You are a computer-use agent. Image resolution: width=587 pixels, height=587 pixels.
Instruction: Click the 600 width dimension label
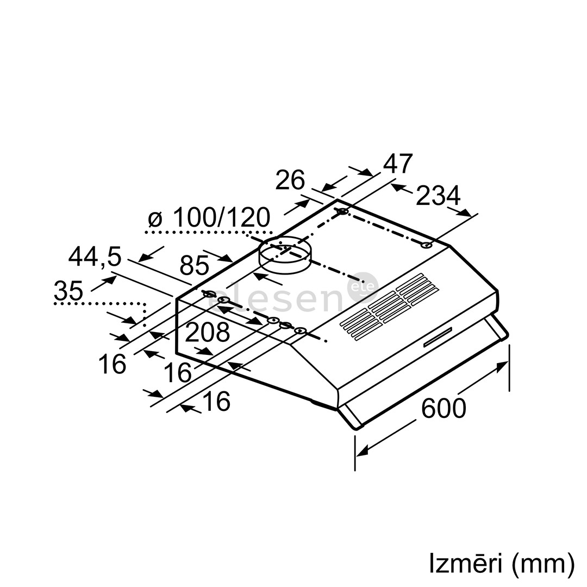tap(444, 408)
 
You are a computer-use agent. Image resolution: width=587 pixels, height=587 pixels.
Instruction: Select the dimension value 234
tap(438, 196)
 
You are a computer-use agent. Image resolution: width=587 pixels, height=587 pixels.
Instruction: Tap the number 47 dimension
tap(398, 164)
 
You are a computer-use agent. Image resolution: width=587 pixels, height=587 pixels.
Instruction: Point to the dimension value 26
tap(290, 180)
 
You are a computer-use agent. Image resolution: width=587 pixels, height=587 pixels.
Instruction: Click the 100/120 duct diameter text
tap(221, 218)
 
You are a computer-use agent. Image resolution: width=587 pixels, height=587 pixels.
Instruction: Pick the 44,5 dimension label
tap(95, 257)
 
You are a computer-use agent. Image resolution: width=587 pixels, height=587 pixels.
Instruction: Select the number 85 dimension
tap(194, 266)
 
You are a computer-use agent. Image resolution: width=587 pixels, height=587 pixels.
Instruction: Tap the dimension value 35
tap(68, 292)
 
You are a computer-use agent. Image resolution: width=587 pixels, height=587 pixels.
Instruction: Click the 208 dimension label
tap(207, 333)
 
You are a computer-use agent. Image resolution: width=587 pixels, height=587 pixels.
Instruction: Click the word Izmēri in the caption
tap(465, 564)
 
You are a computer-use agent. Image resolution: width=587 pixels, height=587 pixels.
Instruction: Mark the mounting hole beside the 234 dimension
tap(427, 246)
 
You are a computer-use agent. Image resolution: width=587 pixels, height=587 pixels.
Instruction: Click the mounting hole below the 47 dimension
tap(342, 211)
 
